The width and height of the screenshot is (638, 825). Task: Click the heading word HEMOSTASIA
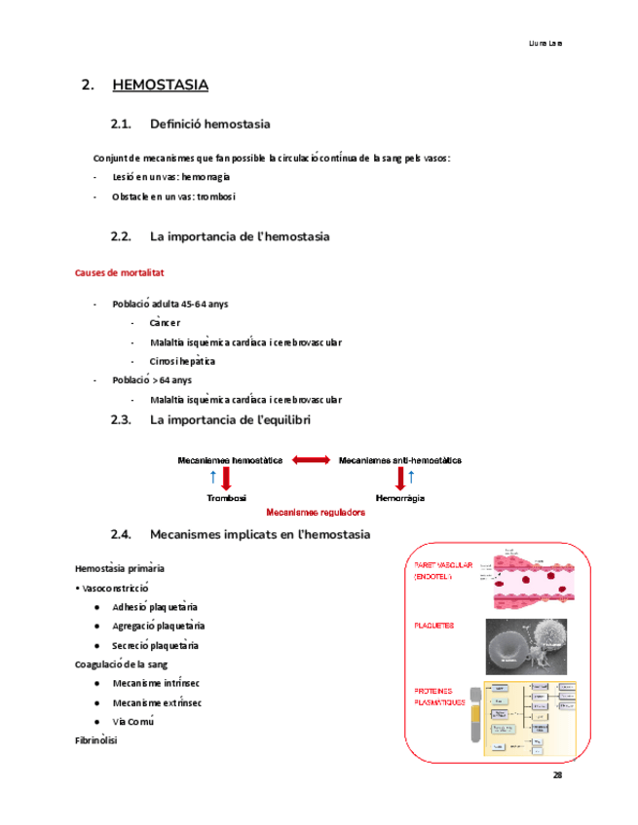[x=160, y=86]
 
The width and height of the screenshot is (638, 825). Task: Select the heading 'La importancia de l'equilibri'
[x=230, y=420]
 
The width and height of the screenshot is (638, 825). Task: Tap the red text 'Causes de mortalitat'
[x=119, y=273]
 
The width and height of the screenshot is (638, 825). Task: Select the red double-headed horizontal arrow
[x=311, y=460]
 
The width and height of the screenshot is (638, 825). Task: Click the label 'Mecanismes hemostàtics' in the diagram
[x=230, y=460]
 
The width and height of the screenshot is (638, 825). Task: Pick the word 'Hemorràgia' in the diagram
[x=400, y=497]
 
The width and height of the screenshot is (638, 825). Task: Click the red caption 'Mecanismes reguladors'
[x=316, y=511]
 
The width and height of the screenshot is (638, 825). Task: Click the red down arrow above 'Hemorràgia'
[x=400, y=478]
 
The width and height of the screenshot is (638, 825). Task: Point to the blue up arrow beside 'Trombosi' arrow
[x=213, y=477]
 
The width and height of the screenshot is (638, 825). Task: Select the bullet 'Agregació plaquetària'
[x=158, y=627]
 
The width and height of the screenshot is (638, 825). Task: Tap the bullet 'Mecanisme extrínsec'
[x=157, y=703]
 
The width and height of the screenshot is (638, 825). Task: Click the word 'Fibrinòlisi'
[x=96, y=741]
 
